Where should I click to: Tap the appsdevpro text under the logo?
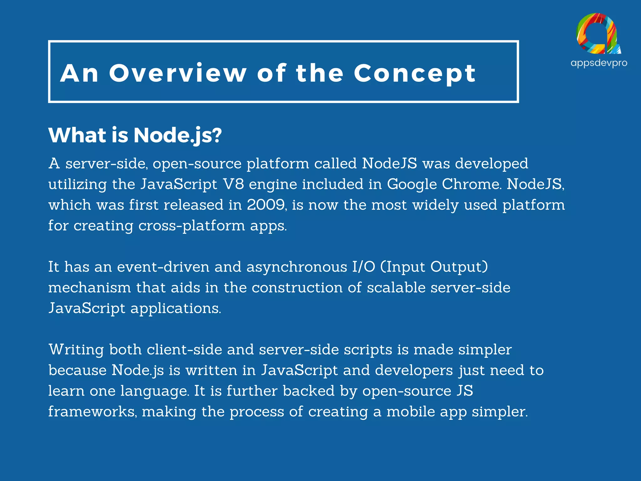coord(599,63)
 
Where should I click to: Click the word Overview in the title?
coord(178,73)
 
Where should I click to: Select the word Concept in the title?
coord(415,74)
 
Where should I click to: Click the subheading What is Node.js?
coord(135,136)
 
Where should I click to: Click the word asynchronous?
coord(297,267)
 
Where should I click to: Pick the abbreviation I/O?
coord(363,267)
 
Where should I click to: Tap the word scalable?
coord(396,288)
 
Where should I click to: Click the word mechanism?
coord(90,288)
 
